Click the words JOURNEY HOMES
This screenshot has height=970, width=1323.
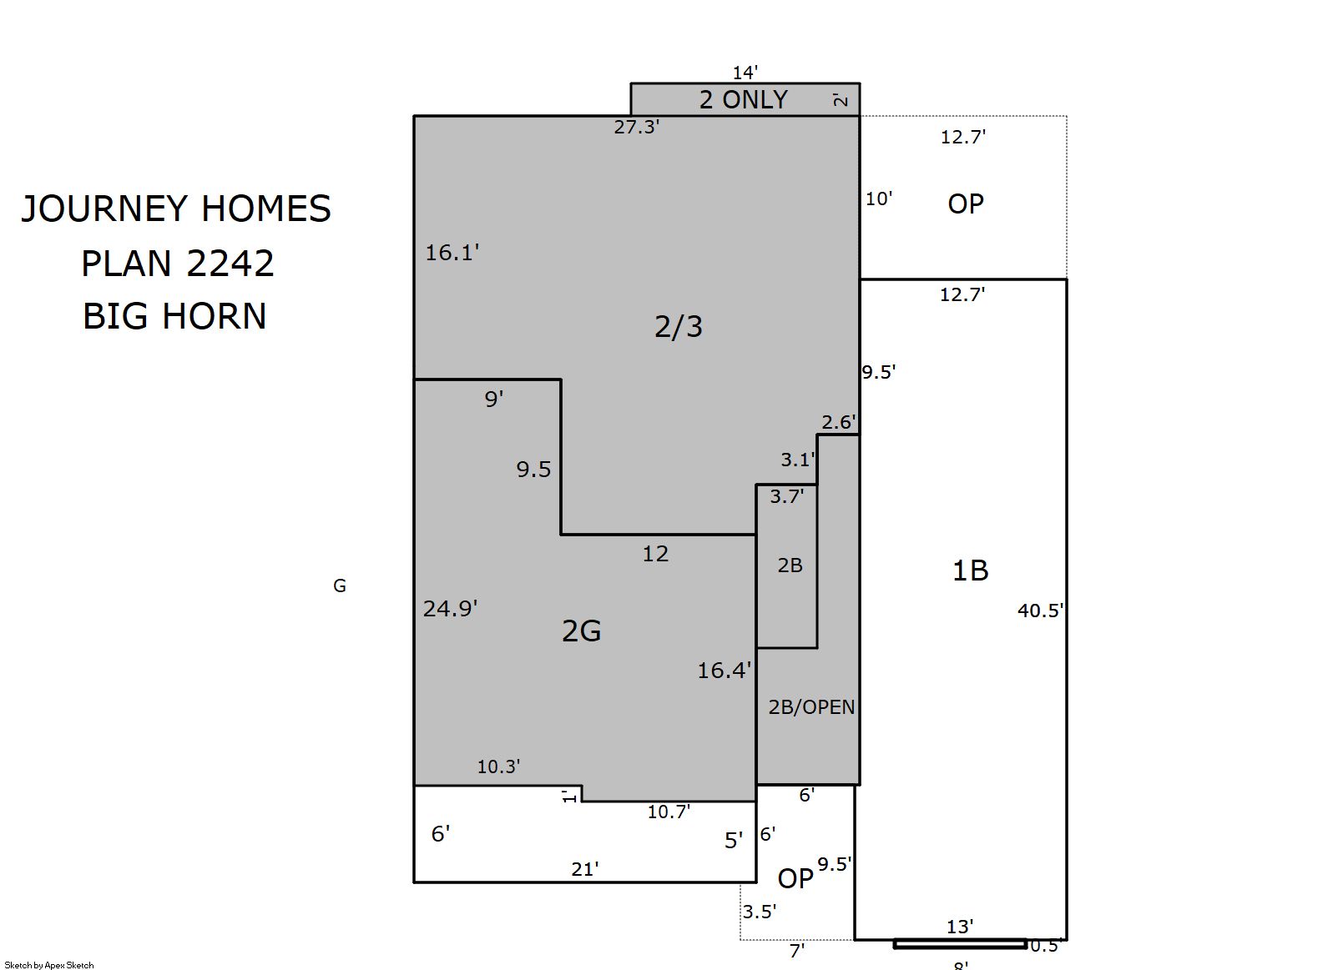[176, 209]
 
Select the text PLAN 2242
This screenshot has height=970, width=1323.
[177, 264]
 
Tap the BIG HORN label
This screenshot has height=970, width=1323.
[174, 316]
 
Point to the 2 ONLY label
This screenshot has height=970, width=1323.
[743, 100]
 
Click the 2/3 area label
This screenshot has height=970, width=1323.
[679, 326]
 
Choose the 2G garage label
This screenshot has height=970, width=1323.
[581, 631]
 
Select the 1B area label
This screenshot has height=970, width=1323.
[971, 570]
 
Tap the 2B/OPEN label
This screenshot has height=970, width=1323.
[811, 706]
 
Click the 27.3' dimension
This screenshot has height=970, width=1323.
[637, 127]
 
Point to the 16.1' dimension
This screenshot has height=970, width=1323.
[452, 253]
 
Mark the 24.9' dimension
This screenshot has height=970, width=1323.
[450, 608]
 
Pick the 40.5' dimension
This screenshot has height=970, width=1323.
[1040, 610]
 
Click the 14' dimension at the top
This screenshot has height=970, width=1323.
[745, 73]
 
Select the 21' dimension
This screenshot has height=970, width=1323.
[585, 869]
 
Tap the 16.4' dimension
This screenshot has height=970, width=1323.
[725, 671]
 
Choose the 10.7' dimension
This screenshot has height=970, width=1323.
[669, 812]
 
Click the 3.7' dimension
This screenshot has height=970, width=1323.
[787, 496]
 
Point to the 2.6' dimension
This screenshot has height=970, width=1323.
[839, 422]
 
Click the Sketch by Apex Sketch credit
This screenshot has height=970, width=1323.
[49, 965]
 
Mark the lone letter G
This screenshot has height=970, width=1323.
[340, 586]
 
